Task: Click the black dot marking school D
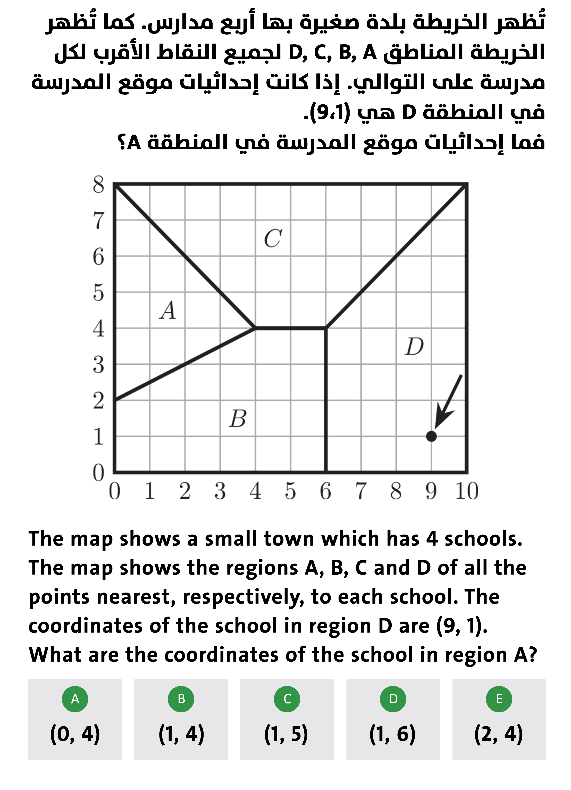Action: tap(431, 436)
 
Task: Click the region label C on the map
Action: tap(273, 238)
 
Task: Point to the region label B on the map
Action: tap(238, 418)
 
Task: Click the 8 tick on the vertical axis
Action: tap(98, 185)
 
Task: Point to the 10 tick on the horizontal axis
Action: tap(467, 491)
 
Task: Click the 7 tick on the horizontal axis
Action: tap(361, 491)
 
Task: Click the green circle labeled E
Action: tap(499, 699)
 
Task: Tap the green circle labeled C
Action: tap(287, 699)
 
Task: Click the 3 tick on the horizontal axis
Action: tap(220, 491)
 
